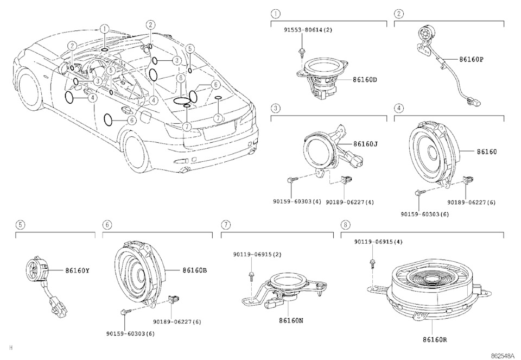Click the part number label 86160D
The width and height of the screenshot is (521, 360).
coord(365,80)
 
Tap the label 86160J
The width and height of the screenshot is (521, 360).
coord(365,144)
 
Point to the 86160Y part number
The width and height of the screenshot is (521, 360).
coord(77,270)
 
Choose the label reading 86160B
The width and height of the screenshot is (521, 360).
coord(194,270)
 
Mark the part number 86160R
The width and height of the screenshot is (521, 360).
coord(434,340)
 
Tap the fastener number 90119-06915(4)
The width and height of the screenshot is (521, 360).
coord(378,241)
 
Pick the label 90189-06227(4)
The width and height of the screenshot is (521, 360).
coord(350,202)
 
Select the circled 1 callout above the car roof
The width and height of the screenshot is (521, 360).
coord(104,29)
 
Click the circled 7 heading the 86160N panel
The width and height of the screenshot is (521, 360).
coord(225,224)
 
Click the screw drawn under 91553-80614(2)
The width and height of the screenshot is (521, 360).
coord(300,53)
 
